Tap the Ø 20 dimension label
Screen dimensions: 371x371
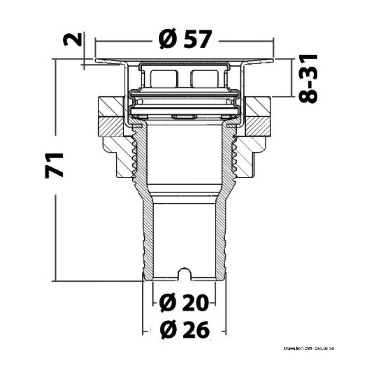click(184, 303)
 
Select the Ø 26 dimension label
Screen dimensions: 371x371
click(185, 330)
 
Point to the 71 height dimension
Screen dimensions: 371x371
click(54, 165)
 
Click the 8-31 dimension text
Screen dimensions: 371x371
click(308, 78)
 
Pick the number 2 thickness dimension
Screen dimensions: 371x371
click(73, 39)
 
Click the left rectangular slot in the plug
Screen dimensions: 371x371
click(164, 78)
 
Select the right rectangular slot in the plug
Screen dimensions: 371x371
click(204, 78)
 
